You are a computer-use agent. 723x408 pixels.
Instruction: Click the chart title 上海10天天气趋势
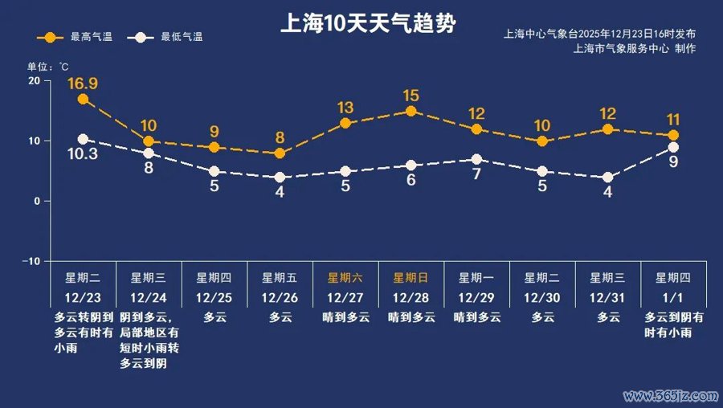point(367,22)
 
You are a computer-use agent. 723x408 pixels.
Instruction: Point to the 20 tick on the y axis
point(34,81)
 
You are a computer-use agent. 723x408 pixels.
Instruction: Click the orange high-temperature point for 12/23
point(83,99)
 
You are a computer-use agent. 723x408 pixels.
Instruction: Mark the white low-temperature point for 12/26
point(280,177)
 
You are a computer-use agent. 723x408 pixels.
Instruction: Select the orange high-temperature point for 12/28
point(411,111)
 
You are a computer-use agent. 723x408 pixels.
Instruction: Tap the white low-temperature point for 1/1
point(673,147)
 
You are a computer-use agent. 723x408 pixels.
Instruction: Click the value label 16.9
point(83,83)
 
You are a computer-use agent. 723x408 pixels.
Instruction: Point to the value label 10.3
point(83,154)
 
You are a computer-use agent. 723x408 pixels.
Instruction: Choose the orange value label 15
point(411,96)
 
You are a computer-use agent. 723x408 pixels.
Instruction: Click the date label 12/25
point(214,297)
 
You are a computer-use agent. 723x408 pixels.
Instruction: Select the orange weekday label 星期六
point(345,278)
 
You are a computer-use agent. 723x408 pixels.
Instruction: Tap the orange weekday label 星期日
point(411,278)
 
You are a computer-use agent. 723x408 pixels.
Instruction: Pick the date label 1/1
point(673,297)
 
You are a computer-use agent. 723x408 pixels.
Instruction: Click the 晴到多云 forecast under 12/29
point(476,317)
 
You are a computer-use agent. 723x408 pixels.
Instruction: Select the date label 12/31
point(607,297)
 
